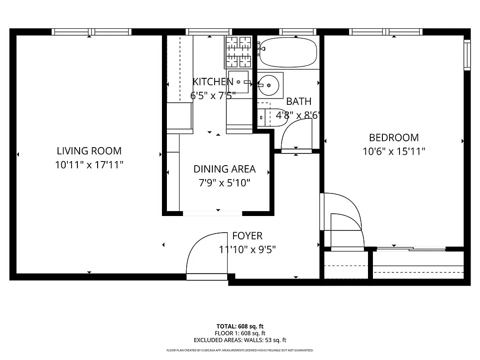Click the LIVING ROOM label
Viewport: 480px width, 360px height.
coord(89,151)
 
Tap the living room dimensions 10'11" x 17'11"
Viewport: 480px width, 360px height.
coord(89,165)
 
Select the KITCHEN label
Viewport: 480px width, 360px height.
coord(213,81)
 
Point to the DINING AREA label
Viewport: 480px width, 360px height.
coord(224,169)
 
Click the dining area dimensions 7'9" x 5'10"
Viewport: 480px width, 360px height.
coord(224,183)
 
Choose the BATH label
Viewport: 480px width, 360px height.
coord(299,101)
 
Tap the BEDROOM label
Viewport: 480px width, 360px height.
coord(394,137)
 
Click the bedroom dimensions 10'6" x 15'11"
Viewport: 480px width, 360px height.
coord(394,151)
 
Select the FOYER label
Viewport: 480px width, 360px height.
coord(247,236)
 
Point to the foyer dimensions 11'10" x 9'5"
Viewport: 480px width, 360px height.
coord(247,249)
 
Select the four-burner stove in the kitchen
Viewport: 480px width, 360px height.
coord(238,51)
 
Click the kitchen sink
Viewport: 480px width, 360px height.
coord(238,82)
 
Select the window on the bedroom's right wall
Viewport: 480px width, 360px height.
coord(467,55)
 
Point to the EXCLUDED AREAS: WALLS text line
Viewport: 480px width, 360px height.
coord(240,340)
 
